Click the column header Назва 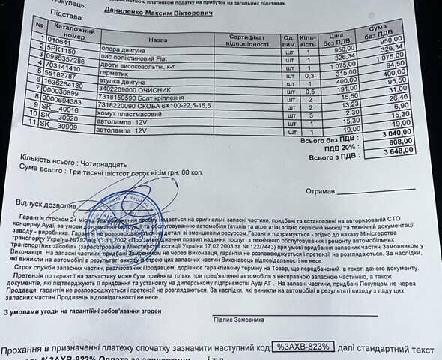click(159, 39)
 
